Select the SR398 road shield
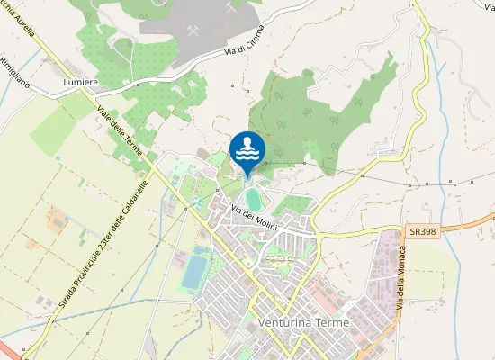tap(418, 231)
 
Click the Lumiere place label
tap(80, 82)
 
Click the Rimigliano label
tap(15, 69)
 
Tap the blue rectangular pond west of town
tap(193, 271)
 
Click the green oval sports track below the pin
tap(253, 198)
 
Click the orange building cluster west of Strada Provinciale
tap(56, 218)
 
